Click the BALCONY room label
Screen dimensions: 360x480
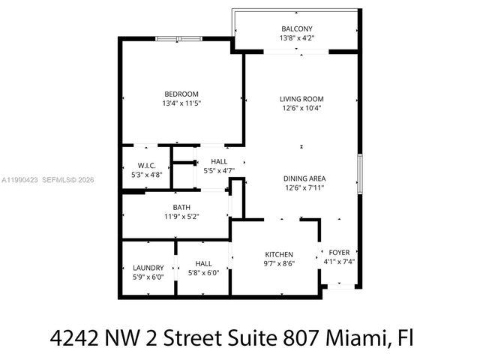[x=296, y=29]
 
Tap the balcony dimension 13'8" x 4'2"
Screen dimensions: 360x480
[x=296, y=38]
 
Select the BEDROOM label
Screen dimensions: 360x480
[x=181, y=94]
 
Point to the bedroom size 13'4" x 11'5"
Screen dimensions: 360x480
[x=181, y=103]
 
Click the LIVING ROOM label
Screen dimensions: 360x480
[x=301, y=99]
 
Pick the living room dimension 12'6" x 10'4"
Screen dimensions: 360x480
[x=301, y=109]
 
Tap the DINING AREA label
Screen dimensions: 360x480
[x=304, y=178]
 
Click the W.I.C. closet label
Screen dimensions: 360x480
[x=145, y=165]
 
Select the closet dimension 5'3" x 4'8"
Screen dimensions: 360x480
[x=145, y=174]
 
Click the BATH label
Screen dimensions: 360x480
[x=181, y=208]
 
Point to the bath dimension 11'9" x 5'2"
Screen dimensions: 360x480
[x=181, y=217]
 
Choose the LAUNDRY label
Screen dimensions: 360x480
[x=148, y=267]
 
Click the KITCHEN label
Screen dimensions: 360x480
[x=278, y=254]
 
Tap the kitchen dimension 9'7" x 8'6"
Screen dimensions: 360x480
[x=278, y=263]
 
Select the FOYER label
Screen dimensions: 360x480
[x=340, y=253]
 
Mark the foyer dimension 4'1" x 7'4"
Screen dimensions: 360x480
[x=340, y=262]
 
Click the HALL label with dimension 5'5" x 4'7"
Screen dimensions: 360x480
[x=219, y=161]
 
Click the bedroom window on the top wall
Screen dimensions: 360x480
[x=178, y=38]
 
